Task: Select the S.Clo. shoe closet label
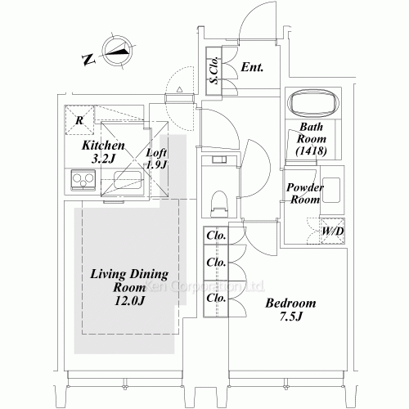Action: click(213, 70)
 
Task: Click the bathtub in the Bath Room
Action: click(313, 103)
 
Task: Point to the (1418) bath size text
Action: click(313, 152)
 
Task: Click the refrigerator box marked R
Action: click(79, 120)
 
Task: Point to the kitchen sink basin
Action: click(127, 181)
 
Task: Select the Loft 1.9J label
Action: click(156, 159)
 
